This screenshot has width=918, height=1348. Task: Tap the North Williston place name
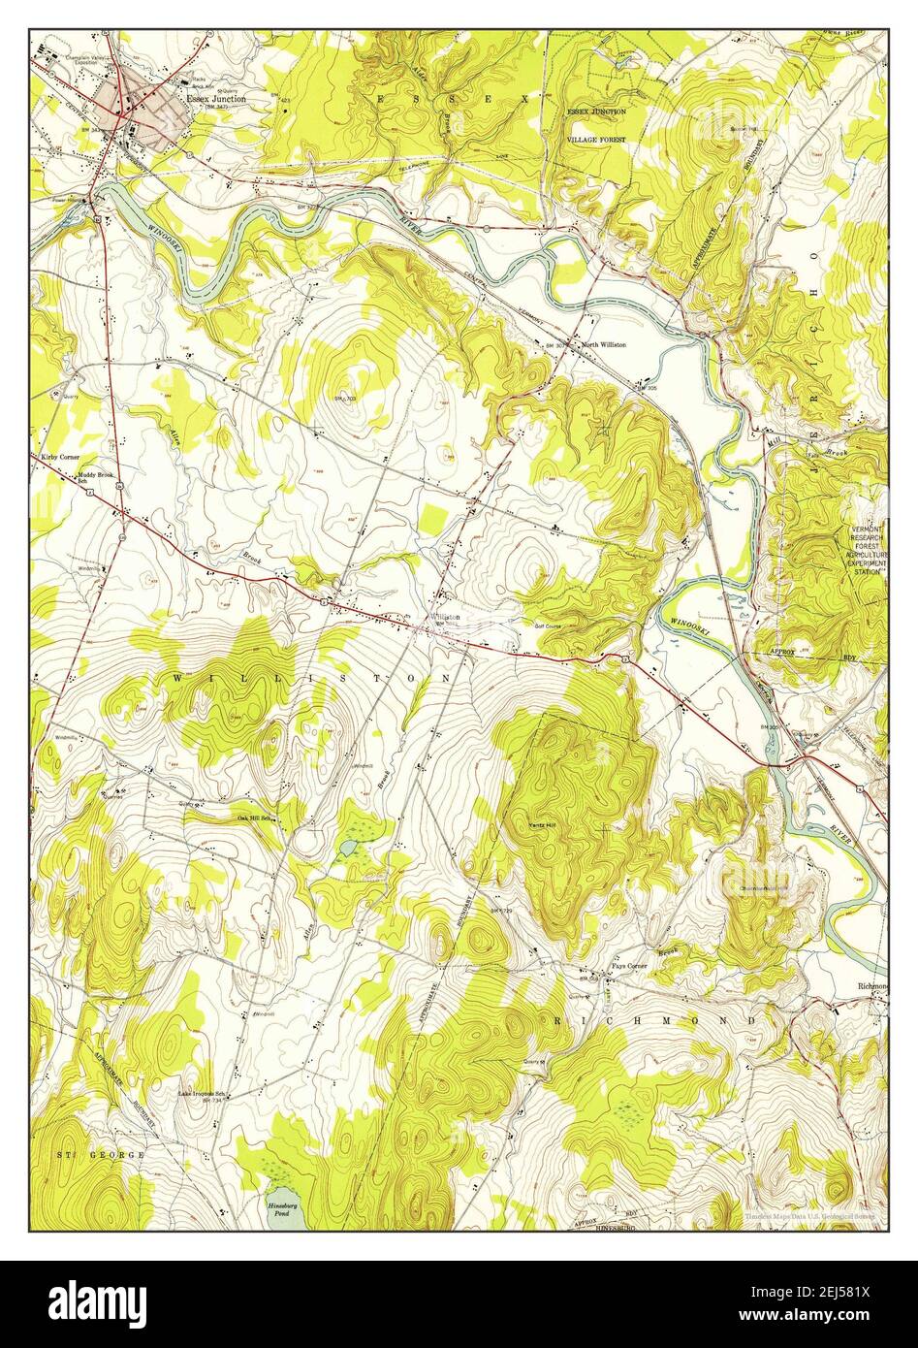pyautogui.click(x=603, y=344)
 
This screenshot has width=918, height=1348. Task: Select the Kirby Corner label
pyautogui.click(x=60, y=456)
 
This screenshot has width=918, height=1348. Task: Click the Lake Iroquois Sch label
pyautogui.click(x=202, y=1092)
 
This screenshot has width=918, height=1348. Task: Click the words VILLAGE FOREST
pyautogui.click(x=596, y=140)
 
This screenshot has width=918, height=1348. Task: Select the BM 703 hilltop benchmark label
pyautogui.click(x=346, y=399)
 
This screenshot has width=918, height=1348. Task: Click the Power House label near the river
pyautogui.click(x=69, y=202)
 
